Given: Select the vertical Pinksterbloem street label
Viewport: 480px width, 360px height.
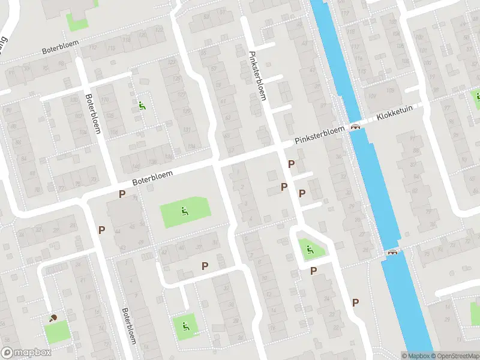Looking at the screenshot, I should click(x=257, y=75).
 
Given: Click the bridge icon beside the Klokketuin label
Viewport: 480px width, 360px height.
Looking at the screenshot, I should click(x=356, y=127).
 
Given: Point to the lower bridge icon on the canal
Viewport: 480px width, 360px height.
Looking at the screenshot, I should click(x=393, y=253).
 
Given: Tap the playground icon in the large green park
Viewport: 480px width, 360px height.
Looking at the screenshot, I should click(x=184, y=211).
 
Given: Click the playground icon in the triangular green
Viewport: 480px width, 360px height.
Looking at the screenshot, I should click(x=310, y=249).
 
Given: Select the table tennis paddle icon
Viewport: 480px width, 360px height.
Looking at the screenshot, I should click(x=53, y=318).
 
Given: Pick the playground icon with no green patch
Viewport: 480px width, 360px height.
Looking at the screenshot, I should click(x=142, y=106).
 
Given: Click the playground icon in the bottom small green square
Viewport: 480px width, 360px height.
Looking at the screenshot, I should click(x=185, y=326).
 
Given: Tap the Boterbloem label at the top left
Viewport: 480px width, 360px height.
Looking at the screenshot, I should click(x=62, y=49).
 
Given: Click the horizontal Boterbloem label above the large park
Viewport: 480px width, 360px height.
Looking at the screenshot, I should click(x=153, y=178).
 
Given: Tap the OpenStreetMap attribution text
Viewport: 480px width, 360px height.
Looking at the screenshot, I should click(x=453, y=356).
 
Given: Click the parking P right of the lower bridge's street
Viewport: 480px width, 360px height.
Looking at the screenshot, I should click(x=356, y=302).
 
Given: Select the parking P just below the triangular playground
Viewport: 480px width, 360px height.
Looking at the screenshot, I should click(x=313, y=271).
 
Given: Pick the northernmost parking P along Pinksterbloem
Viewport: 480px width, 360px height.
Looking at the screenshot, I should click(x=292, y=164).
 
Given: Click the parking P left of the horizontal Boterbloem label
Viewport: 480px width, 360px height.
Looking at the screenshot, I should click(x=122, y=194).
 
